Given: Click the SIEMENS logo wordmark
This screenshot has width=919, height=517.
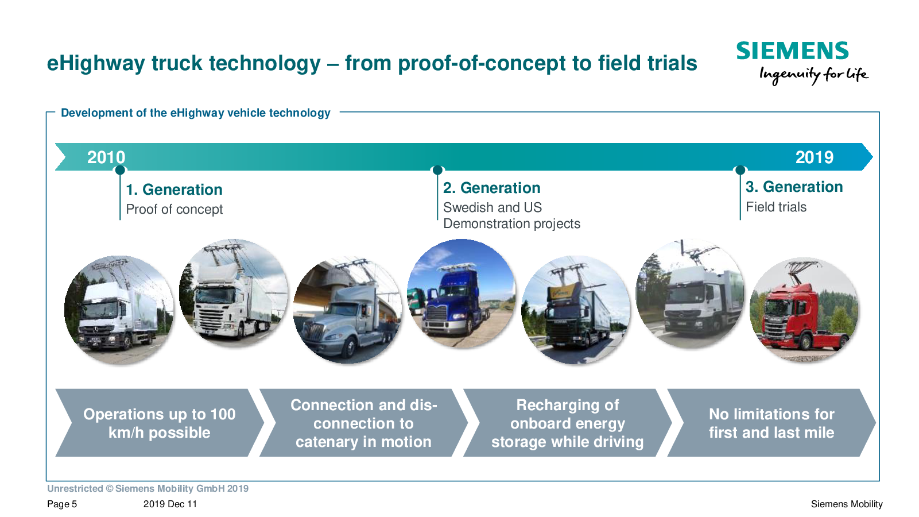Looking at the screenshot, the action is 792,51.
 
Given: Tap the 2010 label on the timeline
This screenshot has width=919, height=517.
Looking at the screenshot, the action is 106,157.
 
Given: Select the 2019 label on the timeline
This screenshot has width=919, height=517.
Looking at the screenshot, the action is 815,157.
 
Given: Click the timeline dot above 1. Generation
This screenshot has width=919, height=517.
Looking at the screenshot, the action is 120,170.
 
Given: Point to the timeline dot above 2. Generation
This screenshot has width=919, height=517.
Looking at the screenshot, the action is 437,170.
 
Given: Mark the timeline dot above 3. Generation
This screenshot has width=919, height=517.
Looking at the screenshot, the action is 740,170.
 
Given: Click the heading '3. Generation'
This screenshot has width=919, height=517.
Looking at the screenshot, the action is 794,187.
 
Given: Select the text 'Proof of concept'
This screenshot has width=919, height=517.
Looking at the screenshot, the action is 174,210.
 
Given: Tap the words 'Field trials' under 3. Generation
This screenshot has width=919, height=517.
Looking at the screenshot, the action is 776,207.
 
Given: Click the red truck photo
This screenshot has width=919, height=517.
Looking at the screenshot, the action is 804,310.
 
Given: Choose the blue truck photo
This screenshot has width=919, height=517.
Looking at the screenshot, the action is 461,293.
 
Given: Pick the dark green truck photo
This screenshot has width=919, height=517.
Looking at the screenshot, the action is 576,310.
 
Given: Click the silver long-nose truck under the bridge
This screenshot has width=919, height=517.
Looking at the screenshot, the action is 347,311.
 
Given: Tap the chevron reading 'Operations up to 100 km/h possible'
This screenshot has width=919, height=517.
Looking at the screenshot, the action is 160,423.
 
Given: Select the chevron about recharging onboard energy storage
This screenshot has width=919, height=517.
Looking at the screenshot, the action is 567,423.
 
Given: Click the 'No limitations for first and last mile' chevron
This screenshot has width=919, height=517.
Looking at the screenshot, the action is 771,423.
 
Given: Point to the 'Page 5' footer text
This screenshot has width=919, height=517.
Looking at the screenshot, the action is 62,504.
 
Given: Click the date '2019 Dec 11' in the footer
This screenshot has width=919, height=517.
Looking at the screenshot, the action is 170,504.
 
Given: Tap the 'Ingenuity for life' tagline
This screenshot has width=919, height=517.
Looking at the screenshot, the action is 814,75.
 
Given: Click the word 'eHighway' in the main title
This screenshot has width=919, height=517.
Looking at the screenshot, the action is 96,64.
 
